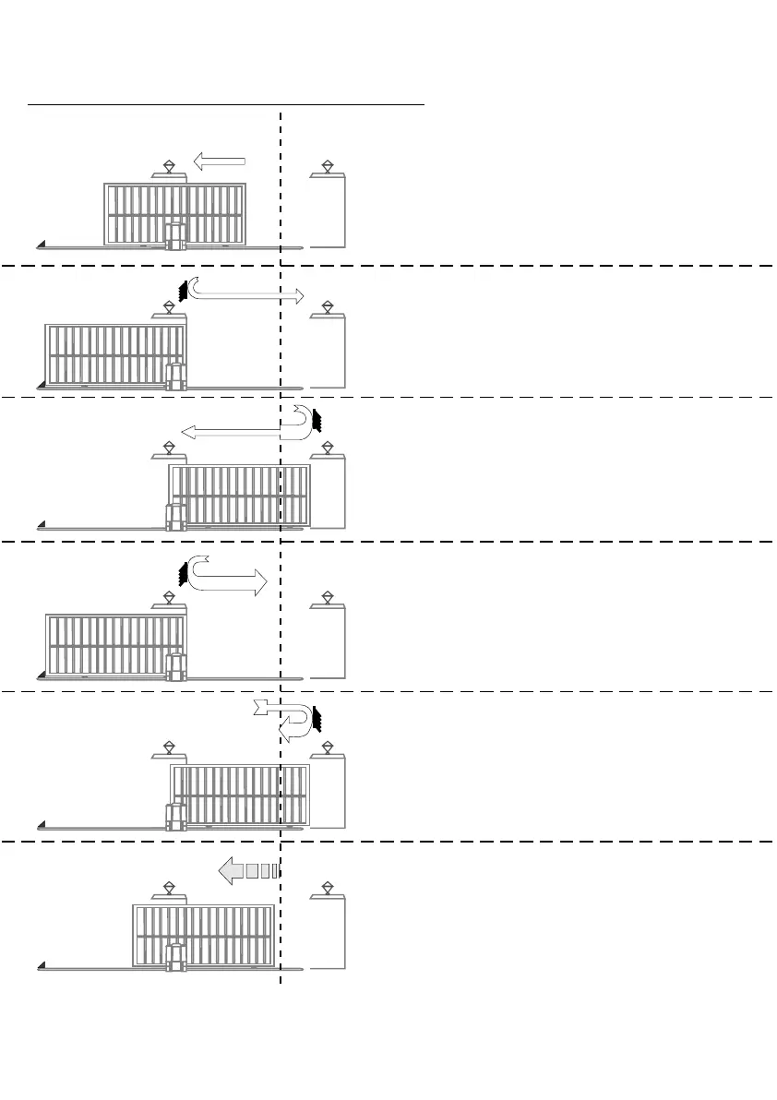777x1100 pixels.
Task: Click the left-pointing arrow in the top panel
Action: pyautogui.click(x=219, y=162)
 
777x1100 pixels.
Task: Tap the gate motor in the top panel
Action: pyautogui.click(x=175, y=236)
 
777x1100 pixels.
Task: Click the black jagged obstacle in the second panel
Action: pyautogui.click(x=184, y=290)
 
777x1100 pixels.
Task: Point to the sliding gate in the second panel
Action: pyautogui.click(x=115, y=354)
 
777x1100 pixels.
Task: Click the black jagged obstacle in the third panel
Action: pyautogui.click(x=317, y=420)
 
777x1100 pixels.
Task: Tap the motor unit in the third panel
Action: pyautogui.click(x=174, y=517)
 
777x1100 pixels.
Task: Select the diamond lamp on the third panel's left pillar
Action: pyautogui.click(x=170, y=448)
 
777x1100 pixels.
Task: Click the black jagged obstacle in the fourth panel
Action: pyautogui.click(x=183, y=574)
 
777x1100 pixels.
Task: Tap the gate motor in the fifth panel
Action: pyautogui.click(x=174, y=816)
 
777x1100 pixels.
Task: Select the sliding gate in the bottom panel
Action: pyautogui.click(x=203, y=934)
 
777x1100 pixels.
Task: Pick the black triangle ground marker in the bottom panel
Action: pyautogui.click(x=42, y=965)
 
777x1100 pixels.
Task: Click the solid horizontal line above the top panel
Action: pyautogui.click(x=226, y=105)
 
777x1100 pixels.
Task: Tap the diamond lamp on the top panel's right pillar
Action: pyautogui.click(x=328, y=166)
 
